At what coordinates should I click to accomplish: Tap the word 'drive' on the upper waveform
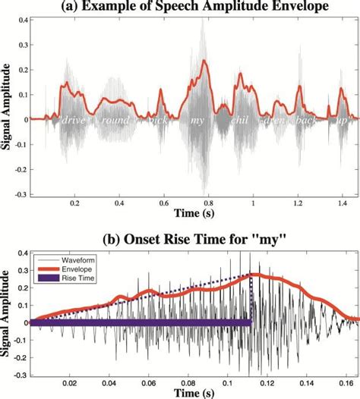click(74, 120)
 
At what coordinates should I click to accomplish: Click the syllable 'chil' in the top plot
click(242, 120)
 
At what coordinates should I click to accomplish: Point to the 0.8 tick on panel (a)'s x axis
click(207, 204)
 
